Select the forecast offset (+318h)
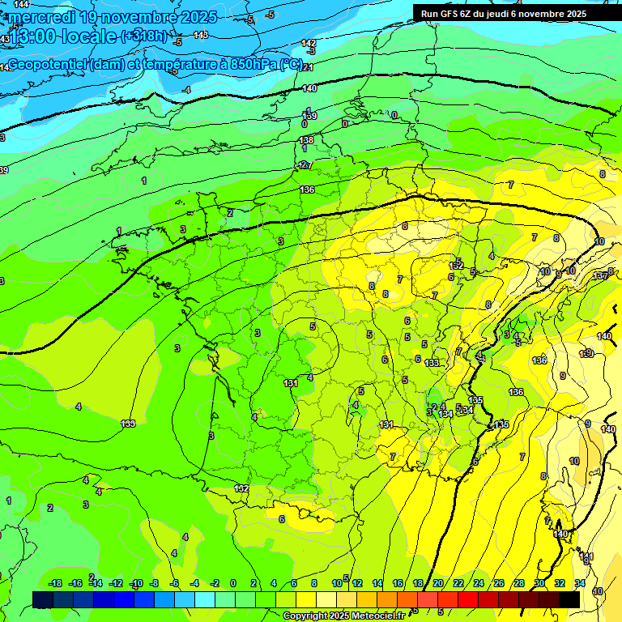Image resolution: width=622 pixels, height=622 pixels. coord(146,36)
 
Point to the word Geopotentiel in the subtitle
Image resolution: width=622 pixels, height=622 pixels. coord(47,65)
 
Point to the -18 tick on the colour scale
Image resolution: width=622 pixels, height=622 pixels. coord(55,583)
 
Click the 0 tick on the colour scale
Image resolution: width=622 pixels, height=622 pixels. coord(233,583)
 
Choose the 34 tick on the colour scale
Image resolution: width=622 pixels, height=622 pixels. coord(580,583)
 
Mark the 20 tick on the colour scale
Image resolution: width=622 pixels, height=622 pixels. coord(438,583)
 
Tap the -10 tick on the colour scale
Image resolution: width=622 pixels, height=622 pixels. coord(135,583)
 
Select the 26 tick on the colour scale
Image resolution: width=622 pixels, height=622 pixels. coord(499,583)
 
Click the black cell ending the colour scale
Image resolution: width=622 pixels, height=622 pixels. coord(569,599)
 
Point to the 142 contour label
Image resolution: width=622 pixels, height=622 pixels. coord(309,43)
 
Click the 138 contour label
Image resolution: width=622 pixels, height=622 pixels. coord(306,140)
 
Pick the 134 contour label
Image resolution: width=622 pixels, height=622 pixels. coord(445,414)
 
